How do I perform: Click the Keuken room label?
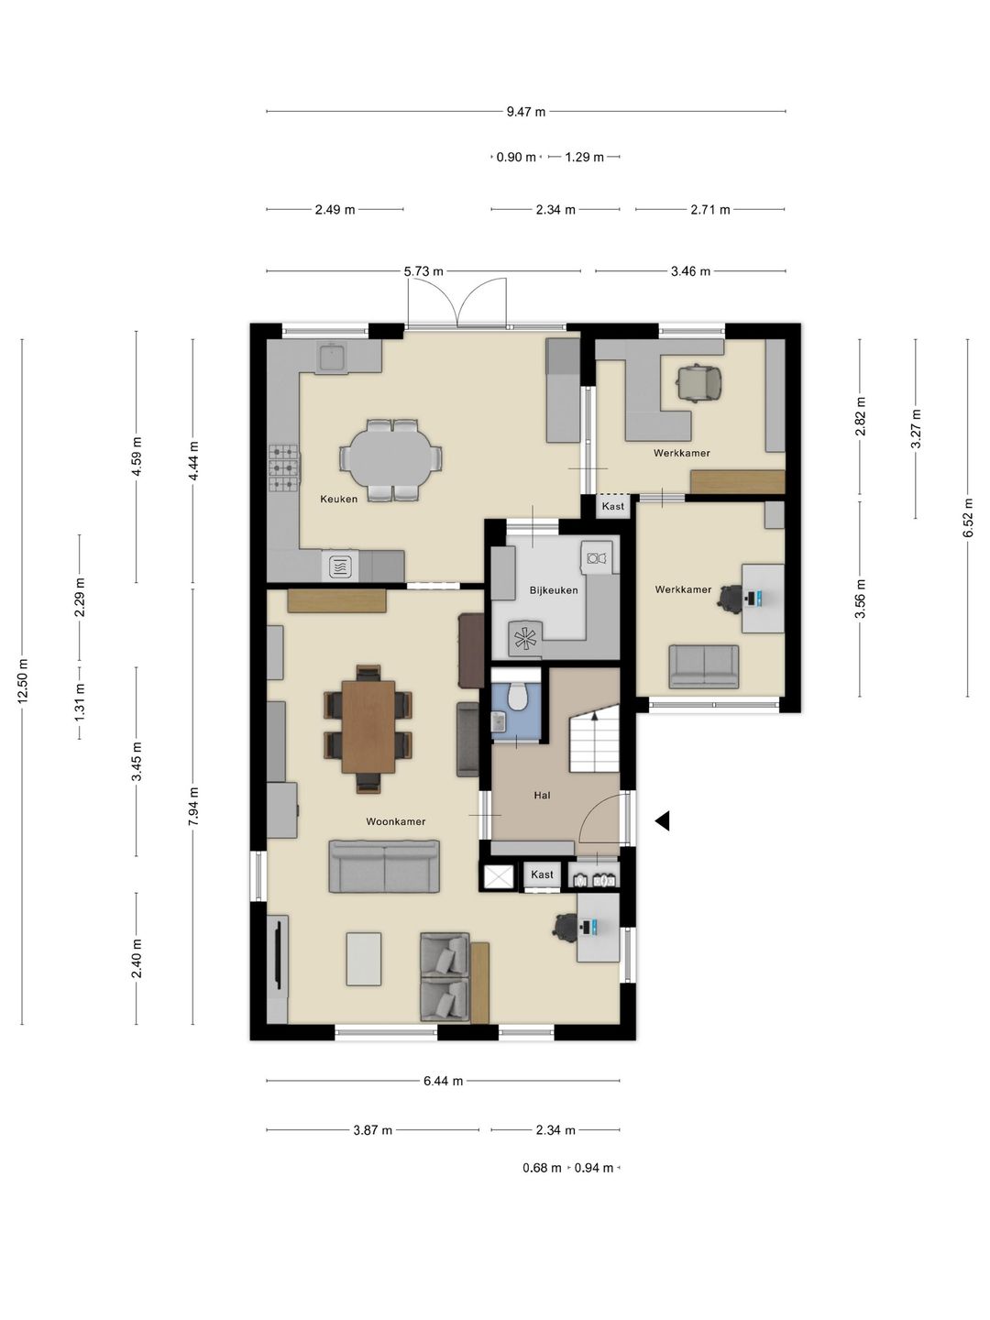pyautogui.click(x=338, y=499)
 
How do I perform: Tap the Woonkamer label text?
pyautogui.click(x=395, y=820)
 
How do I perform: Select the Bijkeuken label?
pyautogui.click(x=554, y=590)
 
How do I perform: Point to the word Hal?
pyautogui.click(x=542, y=795)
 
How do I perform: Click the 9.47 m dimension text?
pyautogui.click(x=526, y=111)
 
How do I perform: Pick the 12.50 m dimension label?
pyautogui.click(x=22, y=681)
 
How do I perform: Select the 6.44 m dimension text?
pyautogui.click(x=443, y=1081)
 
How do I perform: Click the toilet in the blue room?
pyautogui.click(x=516, y=696)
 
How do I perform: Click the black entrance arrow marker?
pyautogui.click(x=663, y=820)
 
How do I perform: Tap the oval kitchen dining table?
pyautogui.click(x=390, y=460)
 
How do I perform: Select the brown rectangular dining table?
pyautogui.click(x=368, y=726)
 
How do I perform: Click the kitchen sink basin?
pyautogui.click(x=332, y=357)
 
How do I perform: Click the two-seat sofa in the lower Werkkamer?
pyautogui.click(x=704, y=667)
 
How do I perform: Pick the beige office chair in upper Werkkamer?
pyautogui.click(x=698, y=382)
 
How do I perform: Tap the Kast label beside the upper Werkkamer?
pyautogui.click(x=613, y=506)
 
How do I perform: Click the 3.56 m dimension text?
pyautogui.click(x=861, y=599)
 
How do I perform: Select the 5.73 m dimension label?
pyautogui.click(x=423, y=271)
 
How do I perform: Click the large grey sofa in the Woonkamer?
pyautogui.click(x=384, y=866)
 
